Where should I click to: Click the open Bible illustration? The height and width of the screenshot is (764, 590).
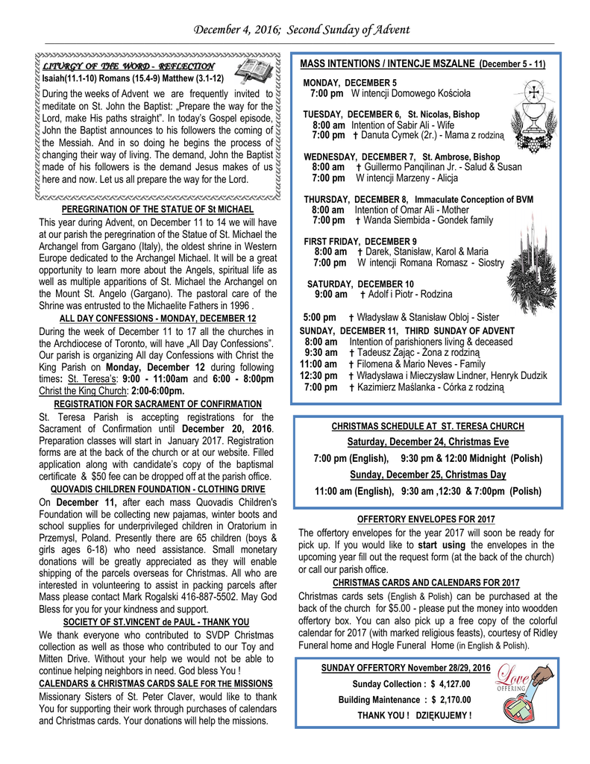[x=251, y=71]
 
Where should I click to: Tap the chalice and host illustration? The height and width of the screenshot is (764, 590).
[x=533, y=110]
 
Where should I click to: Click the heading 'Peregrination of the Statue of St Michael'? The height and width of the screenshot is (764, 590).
[x=157, y=209]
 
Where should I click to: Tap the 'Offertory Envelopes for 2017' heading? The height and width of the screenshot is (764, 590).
[x=427, y=519]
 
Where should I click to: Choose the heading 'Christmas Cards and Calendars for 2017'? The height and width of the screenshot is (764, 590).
[x=426, y=583]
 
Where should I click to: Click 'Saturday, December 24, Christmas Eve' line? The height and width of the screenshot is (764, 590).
[x=427, y=442]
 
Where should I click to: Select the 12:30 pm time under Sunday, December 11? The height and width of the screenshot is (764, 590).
[x=316, y=376]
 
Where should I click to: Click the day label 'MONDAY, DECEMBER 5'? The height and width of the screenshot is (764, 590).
[x=350, y=83]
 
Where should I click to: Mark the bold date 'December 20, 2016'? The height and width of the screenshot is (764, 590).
[x=227, y=428]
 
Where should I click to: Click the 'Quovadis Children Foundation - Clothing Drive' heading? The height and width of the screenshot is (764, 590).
[x=157, y=489]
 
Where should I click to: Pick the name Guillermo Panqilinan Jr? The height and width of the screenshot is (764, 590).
[x=410, y=167]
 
